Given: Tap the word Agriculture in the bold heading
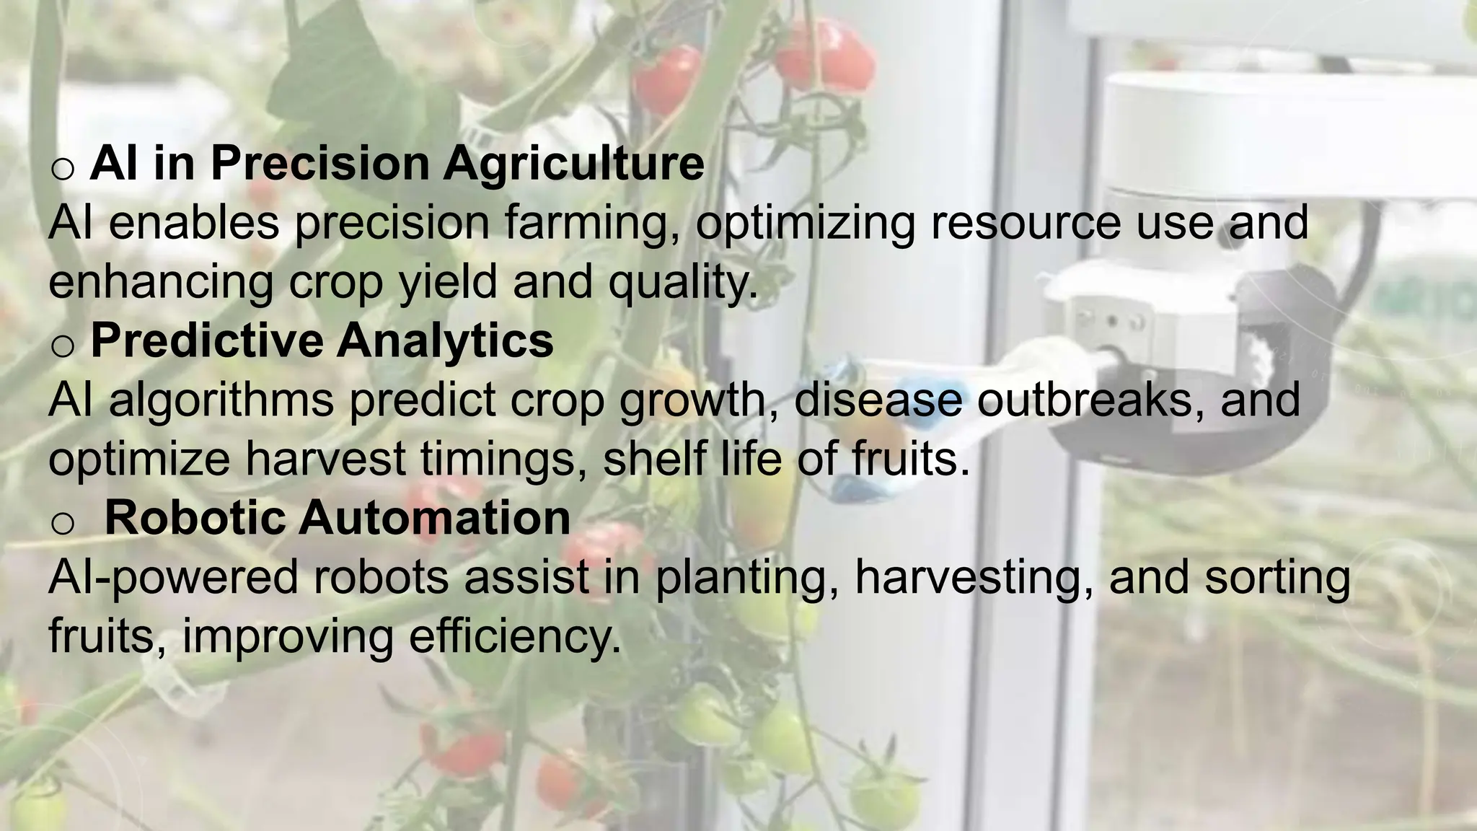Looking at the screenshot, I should (x=573, y=164).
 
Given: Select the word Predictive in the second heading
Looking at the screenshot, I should (x=206, y=340).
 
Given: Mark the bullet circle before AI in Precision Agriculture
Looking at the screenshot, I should (x=63, y=168).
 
